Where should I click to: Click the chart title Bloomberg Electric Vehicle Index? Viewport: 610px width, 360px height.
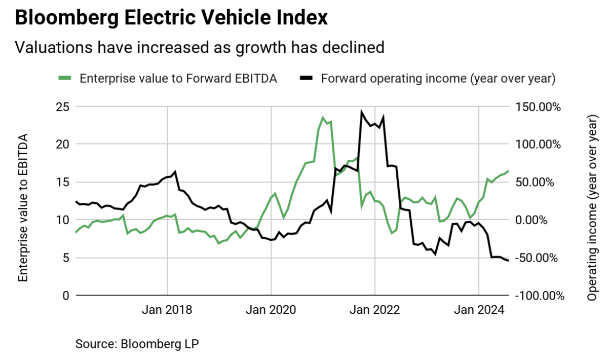coord(171,19)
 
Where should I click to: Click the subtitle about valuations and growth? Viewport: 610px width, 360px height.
coord(200,47)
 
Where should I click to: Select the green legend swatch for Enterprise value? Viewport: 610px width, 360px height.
coord(65,78)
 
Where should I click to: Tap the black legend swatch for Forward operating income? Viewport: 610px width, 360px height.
coord(306,78)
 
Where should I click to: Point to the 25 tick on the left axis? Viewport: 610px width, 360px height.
coord(62,107)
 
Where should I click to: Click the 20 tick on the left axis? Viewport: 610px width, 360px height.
coord(62,145)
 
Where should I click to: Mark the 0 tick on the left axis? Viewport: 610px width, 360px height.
coord(65,296)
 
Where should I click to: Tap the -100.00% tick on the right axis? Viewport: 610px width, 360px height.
coord(539,296)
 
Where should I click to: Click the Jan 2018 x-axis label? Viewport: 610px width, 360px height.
coord(167,310)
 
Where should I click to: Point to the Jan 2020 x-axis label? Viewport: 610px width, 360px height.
coord(271,310)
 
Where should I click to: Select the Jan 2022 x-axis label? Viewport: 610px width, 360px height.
coord(375,310)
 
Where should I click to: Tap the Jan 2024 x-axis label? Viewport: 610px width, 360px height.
coord(479,310)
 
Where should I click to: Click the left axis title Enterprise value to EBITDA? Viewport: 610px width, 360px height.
coord(23,208)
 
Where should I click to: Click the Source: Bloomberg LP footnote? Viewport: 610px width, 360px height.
coord(137,343)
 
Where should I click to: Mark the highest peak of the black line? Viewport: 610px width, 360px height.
coord(361,112)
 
